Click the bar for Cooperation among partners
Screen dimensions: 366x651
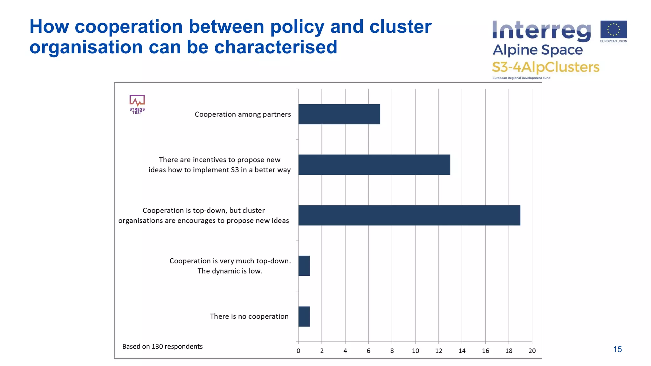339,114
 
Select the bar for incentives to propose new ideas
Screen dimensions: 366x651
374,165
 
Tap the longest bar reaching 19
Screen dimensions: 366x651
409,215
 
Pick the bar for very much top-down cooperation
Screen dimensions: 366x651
304,266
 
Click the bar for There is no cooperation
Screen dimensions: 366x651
304,316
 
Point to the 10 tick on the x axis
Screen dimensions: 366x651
415,351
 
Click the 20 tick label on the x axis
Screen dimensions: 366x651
532,351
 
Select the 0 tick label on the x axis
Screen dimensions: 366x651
298,351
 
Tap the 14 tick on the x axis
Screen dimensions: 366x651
462,351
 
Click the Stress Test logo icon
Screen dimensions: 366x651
137,104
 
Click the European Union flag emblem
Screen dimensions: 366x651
613,30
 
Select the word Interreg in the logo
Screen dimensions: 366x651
541,31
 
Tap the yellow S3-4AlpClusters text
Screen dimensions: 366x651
545,67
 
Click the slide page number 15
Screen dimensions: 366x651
617,349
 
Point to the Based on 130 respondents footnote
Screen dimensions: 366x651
162,346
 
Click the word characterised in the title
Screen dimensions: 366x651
276,47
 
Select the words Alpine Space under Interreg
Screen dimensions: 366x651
538,50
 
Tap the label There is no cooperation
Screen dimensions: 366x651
249,316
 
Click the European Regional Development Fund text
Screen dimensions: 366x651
521,78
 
